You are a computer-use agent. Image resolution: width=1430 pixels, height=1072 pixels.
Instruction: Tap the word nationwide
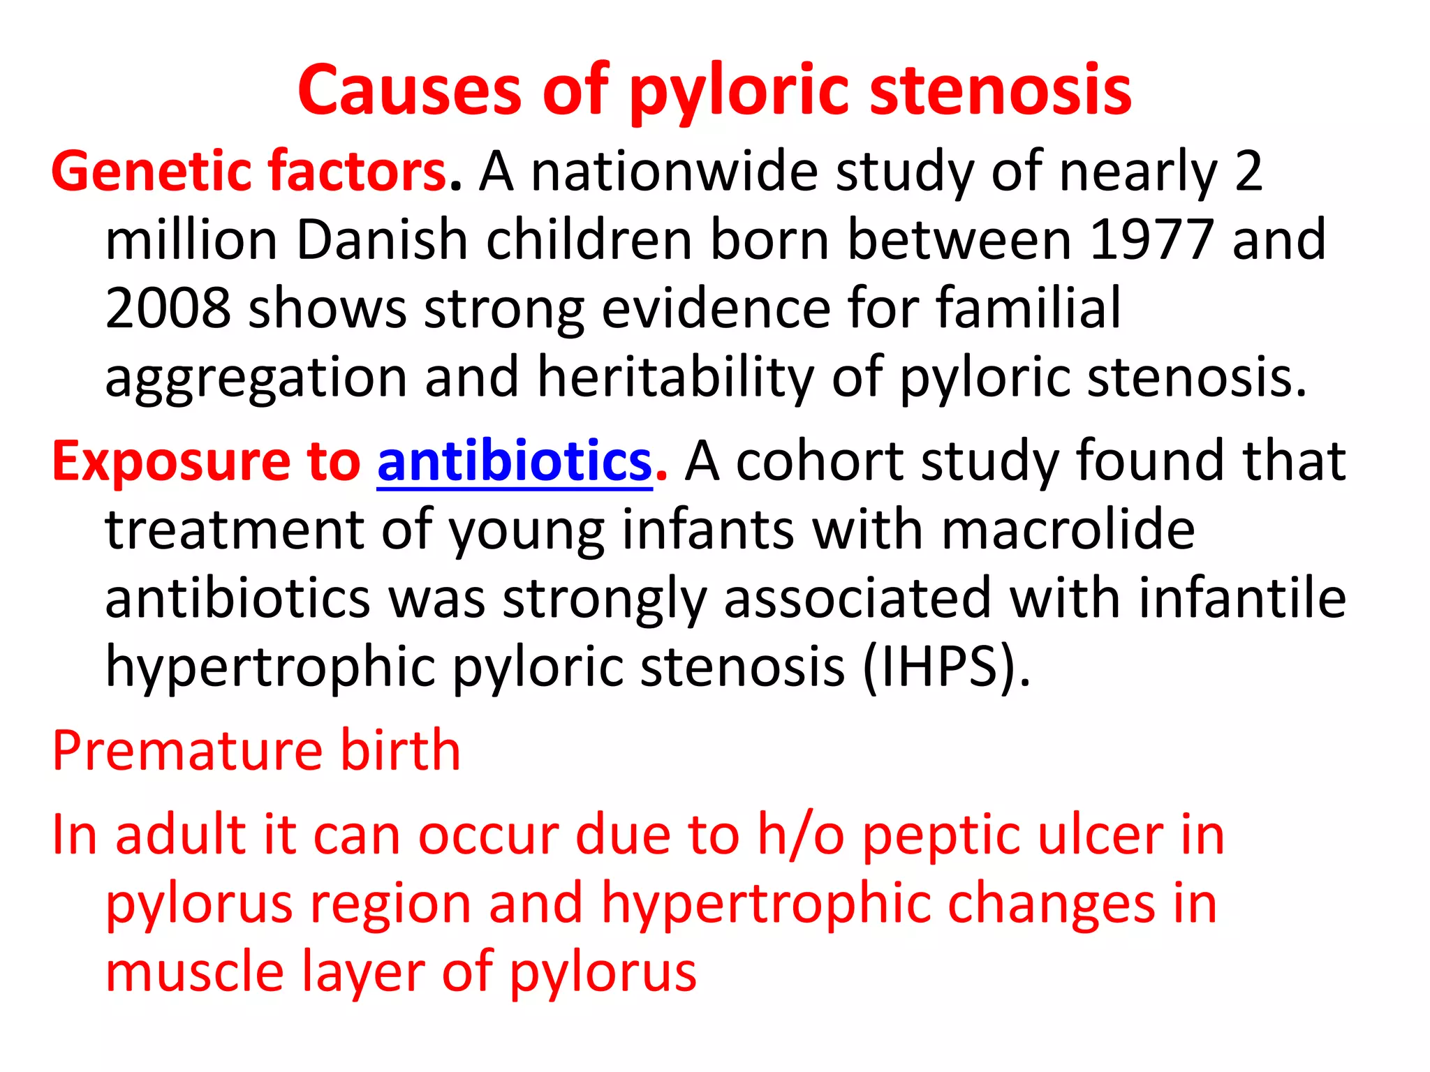(674, 172)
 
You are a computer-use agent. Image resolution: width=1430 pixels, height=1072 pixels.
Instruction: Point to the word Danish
(381, 240)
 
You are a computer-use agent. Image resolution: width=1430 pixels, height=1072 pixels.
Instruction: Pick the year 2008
(168, 308)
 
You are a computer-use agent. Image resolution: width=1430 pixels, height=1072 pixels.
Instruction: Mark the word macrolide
(1068, 529)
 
